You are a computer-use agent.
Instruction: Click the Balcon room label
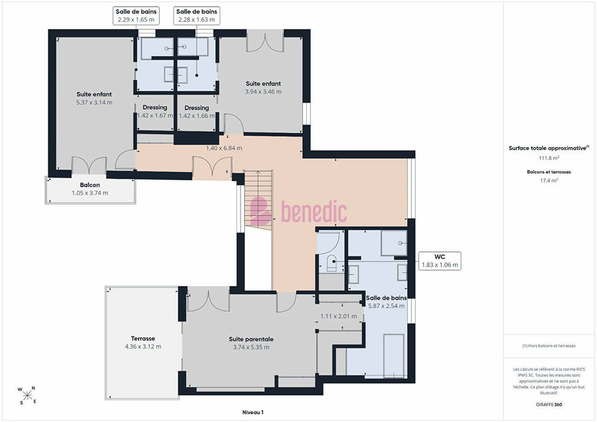(x=90, y=185)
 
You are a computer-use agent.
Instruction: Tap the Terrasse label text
(x=143, y=338)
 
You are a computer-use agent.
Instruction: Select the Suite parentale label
(x=251, y=339)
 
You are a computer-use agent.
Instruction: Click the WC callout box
(x=440, y=260)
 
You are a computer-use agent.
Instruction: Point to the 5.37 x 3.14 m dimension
(x=94, y=102)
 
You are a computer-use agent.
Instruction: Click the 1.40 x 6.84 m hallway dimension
(x=224, y=148)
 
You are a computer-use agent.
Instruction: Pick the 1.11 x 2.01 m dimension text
(x=338, y=316)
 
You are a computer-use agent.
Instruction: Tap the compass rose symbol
(x=27, y=395)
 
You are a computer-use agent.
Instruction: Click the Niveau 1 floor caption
(x=253, y=412)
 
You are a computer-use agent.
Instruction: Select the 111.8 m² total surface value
(x=549, y=158)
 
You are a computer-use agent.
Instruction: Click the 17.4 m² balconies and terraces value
(x=549, y=180)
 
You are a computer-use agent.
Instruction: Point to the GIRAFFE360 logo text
(x=549, y=405)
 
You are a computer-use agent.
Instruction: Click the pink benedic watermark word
(x=314, y=212)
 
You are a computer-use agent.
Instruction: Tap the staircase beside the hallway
(x=258, y=200)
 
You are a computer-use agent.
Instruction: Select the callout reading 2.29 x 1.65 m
(x=136, y=16)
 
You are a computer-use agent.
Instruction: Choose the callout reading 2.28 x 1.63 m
(x=197, y=16)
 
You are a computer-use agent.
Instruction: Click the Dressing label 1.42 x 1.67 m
(x=155, y=112)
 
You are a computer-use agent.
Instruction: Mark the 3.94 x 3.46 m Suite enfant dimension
(x=263, y=92)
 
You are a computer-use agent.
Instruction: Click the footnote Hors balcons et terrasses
(x=549, y=346)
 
